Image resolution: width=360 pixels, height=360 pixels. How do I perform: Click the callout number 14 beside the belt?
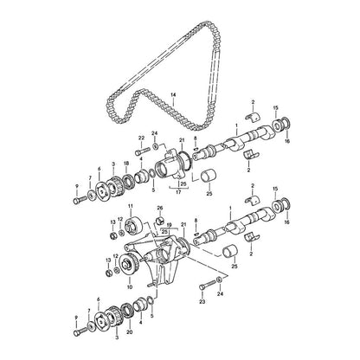pyautogui.click(x=173, y=94)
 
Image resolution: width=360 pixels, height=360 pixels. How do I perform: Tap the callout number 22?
pyautogui.click(x=141, y=138)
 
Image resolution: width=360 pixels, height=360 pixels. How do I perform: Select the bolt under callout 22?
pyautogui.click(x=142, y=151)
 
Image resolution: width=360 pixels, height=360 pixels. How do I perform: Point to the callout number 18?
pyautogui.click(x=126, y=164)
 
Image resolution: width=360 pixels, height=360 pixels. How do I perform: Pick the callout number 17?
pyautogui.click(x=178, y=192)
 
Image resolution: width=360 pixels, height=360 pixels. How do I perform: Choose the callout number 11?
pyautogui.click(x=130, y=206)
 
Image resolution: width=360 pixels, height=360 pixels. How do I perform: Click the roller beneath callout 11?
pyautogui.click(x=132, y=226)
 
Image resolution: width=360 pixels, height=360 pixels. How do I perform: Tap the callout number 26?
pyautogui.click(x=160, y=208)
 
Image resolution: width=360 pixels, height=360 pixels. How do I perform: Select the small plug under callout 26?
pyautogui.click(x=160, y=221)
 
